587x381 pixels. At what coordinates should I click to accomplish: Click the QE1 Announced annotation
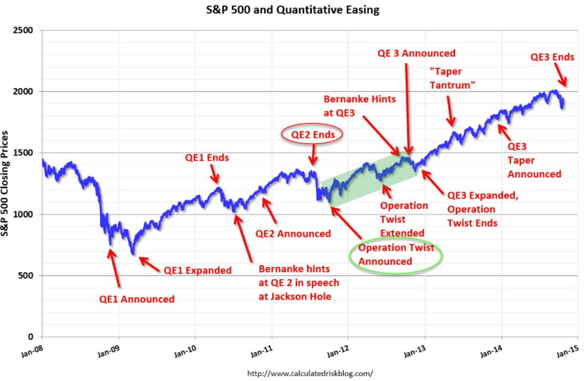(x=136, y=299)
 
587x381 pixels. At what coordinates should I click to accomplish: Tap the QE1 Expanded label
(x=197, y=271)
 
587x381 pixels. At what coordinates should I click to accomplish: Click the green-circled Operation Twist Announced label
(x=396, y=255)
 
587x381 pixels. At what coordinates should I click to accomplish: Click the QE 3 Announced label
(x=416, y=53)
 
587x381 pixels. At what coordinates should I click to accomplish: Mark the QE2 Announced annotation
(x=293, y=233)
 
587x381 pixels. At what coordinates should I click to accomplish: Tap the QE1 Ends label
(x=207, y=158)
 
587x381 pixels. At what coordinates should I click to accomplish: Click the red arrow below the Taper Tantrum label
(x=450, y=111)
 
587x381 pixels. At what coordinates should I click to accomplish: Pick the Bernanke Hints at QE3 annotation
(x=360, y=105)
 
